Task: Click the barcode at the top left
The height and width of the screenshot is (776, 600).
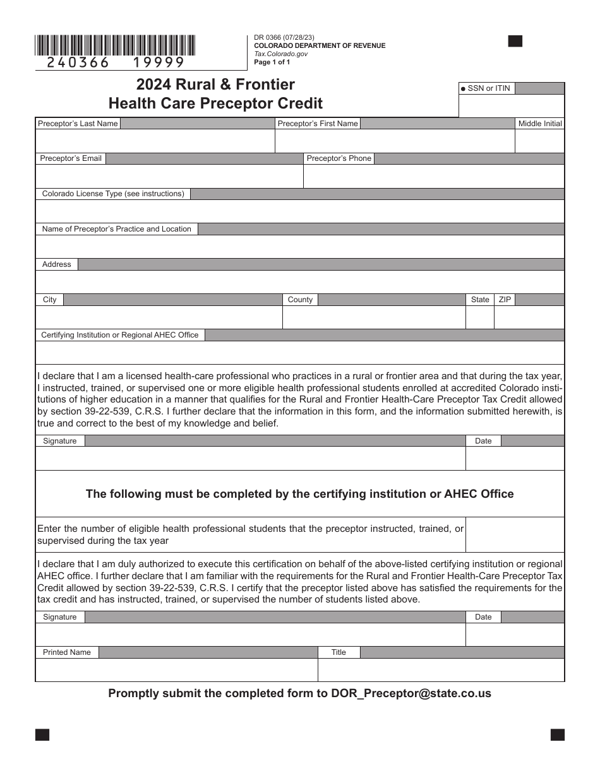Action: [x=115, y=45]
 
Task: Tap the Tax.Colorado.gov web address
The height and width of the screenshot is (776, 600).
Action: [x=281, y=54]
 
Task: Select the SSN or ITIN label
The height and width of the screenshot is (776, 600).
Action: [x=488, y=88]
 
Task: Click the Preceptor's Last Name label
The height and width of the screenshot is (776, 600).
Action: [x=78, y=124]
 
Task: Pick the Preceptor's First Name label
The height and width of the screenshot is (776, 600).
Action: [x=318, y=124]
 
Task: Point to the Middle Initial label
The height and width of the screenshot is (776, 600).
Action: [x=540, y=124]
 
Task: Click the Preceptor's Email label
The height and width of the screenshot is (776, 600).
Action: [x=71, y=158]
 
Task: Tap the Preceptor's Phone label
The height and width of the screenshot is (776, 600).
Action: [x=339, y=158]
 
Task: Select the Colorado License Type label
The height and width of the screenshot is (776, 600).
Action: [x=113, y=194]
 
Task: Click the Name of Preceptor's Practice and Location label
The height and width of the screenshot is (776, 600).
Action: [x=116, y=229]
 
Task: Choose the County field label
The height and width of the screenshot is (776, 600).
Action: [x=300, y=300]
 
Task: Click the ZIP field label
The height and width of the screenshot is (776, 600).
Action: [x=505, y=300]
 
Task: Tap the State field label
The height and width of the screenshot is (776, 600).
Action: [x=480, y=300]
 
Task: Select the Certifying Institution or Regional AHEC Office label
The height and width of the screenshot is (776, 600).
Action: [x=120, y=335]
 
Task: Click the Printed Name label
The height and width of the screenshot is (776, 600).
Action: [x=67, y=652]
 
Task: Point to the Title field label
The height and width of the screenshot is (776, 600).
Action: [x=339, y=652]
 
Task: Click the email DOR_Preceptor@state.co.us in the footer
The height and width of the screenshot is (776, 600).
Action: [x=411, y=693]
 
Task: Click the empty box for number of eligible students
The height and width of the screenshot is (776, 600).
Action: [x=515, y=535]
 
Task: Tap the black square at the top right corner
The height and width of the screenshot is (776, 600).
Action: [x=515, y=42]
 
